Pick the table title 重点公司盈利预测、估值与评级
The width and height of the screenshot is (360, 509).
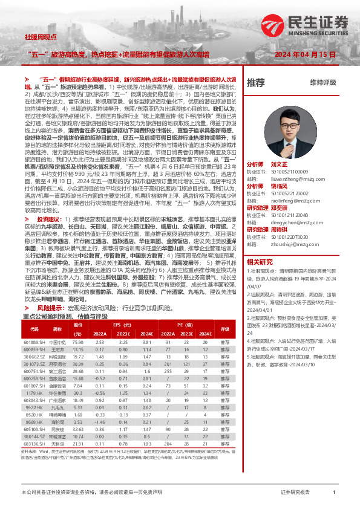click(65, 316)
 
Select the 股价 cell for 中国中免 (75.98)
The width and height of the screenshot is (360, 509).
click(77, 342)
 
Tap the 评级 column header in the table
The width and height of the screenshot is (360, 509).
click(225, 329)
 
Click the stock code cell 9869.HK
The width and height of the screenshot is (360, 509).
click(34, 421)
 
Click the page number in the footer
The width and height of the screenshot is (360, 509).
click(335, 493)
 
